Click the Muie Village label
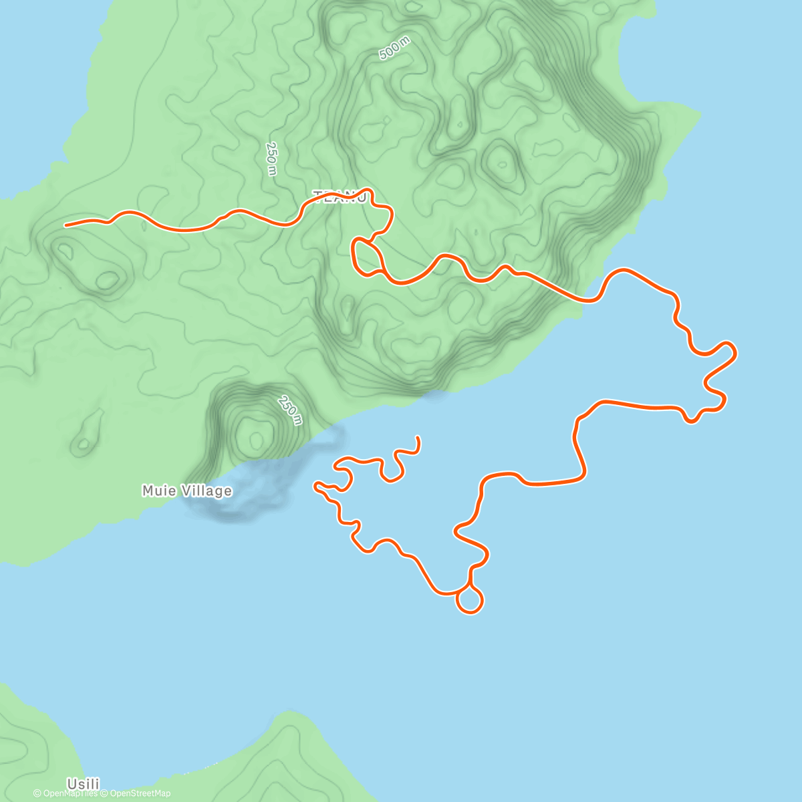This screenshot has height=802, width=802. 187,491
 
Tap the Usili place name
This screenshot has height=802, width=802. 84,783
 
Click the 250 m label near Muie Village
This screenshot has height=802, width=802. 290,410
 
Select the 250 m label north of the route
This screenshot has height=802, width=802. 271,159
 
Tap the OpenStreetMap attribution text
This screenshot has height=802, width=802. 140,793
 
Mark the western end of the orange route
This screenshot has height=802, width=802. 65,226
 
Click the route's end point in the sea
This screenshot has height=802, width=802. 418,437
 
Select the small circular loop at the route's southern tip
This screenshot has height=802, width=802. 470,599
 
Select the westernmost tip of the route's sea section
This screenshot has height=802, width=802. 315,485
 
